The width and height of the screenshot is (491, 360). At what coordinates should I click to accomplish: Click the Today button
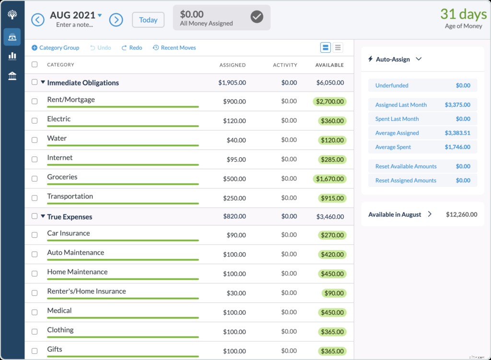point(148,20)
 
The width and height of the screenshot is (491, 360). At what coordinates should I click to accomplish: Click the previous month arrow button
point(38,20)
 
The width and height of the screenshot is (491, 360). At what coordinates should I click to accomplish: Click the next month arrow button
point(116,20)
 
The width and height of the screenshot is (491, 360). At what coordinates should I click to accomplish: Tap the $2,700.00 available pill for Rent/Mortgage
point(329,102)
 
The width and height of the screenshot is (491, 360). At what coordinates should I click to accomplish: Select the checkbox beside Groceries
point(35,178)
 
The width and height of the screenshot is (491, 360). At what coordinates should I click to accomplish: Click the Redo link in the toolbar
point(132,47)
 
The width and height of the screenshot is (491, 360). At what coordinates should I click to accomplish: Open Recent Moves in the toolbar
point(175,47)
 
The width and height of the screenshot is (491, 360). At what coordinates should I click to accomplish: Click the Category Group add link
point(56,47)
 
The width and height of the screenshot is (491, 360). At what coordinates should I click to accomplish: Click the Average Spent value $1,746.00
point(457,147)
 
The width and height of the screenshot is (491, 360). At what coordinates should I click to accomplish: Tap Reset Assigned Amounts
point(406,180)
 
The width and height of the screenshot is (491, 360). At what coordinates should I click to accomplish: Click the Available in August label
point(395,214)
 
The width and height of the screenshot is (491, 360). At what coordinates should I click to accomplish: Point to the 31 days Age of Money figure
point(463,14)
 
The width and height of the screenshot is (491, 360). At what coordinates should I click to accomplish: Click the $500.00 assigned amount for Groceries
point(234,178)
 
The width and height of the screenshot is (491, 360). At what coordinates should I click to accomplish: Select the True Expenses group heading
point(70,217)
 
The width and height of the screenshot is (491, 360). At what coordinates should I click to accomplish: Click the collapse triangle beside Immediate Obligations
point(43,82)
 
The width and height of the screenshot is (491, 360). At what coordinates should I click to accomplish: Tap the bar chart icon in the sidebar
point(12,56)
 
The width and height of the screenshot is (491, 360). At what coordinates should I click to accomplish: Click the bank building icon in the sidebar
point(12,76)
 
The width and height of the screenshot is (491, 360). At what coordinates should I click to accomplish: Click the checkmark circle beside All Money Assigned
point(257,17)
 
